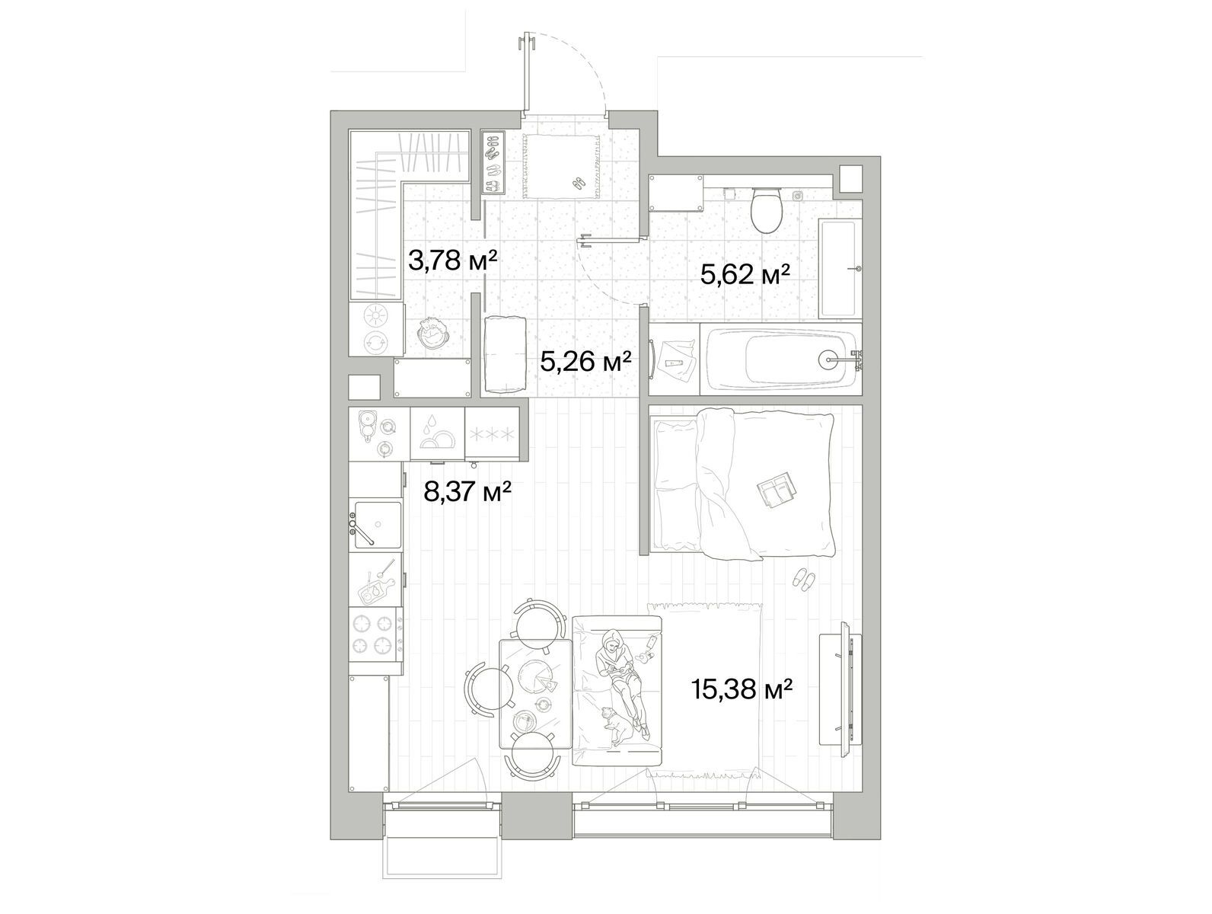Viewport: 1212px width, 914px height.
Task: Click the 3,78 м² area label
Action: click(x=453, y=260)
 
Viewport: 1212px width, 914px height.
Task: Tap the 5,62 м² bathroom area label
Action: click(x=745, y=274)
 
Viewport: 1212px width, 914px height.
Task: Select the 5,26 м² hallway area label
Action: click(x=586, y=363)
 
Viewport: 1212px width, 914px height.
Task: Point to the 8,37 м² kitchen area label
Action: click(x=467, y=491)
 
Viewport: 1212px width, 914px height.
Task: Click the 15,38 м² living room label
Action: click(x=742, y=689)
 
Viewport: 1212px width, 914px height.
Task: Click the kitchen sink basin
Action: click(x=378, y=524)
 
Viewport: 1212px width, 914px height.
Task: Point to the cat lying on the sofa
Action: click(x=618, y=726)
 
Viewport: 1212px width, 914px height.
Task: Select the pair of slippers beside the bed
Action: click(x=803, y=580)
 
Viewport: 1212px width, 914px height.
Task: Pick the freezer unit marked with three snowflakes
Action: click(x=492, y=434)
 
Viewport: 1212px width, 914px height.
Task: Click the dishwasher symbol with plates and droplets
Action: click(x=437, y=434)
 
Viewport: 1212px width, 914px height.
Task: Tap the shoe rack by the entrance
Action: click(x=493, y=162)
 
